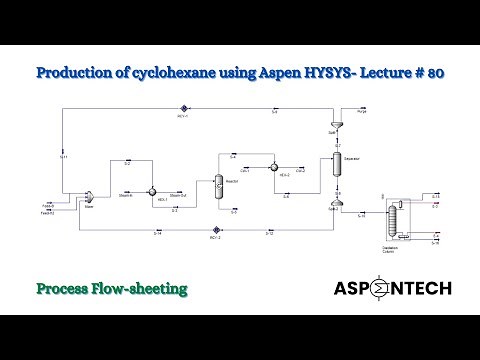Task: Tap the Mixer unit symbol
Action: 88,196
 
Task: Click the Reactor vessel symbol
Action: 218,185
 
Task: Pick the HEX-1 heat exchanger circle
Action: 153,189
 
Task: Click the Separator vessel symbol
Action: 337,160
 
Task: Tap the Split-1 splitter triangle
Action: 337,124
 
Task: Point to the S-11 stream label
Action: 63,158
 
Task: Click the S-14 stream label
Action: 157,233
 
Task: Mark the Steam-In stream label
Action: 126,195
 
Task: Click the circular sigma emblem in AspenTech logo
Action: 385,289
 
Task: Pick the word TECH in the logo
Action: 425,289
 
